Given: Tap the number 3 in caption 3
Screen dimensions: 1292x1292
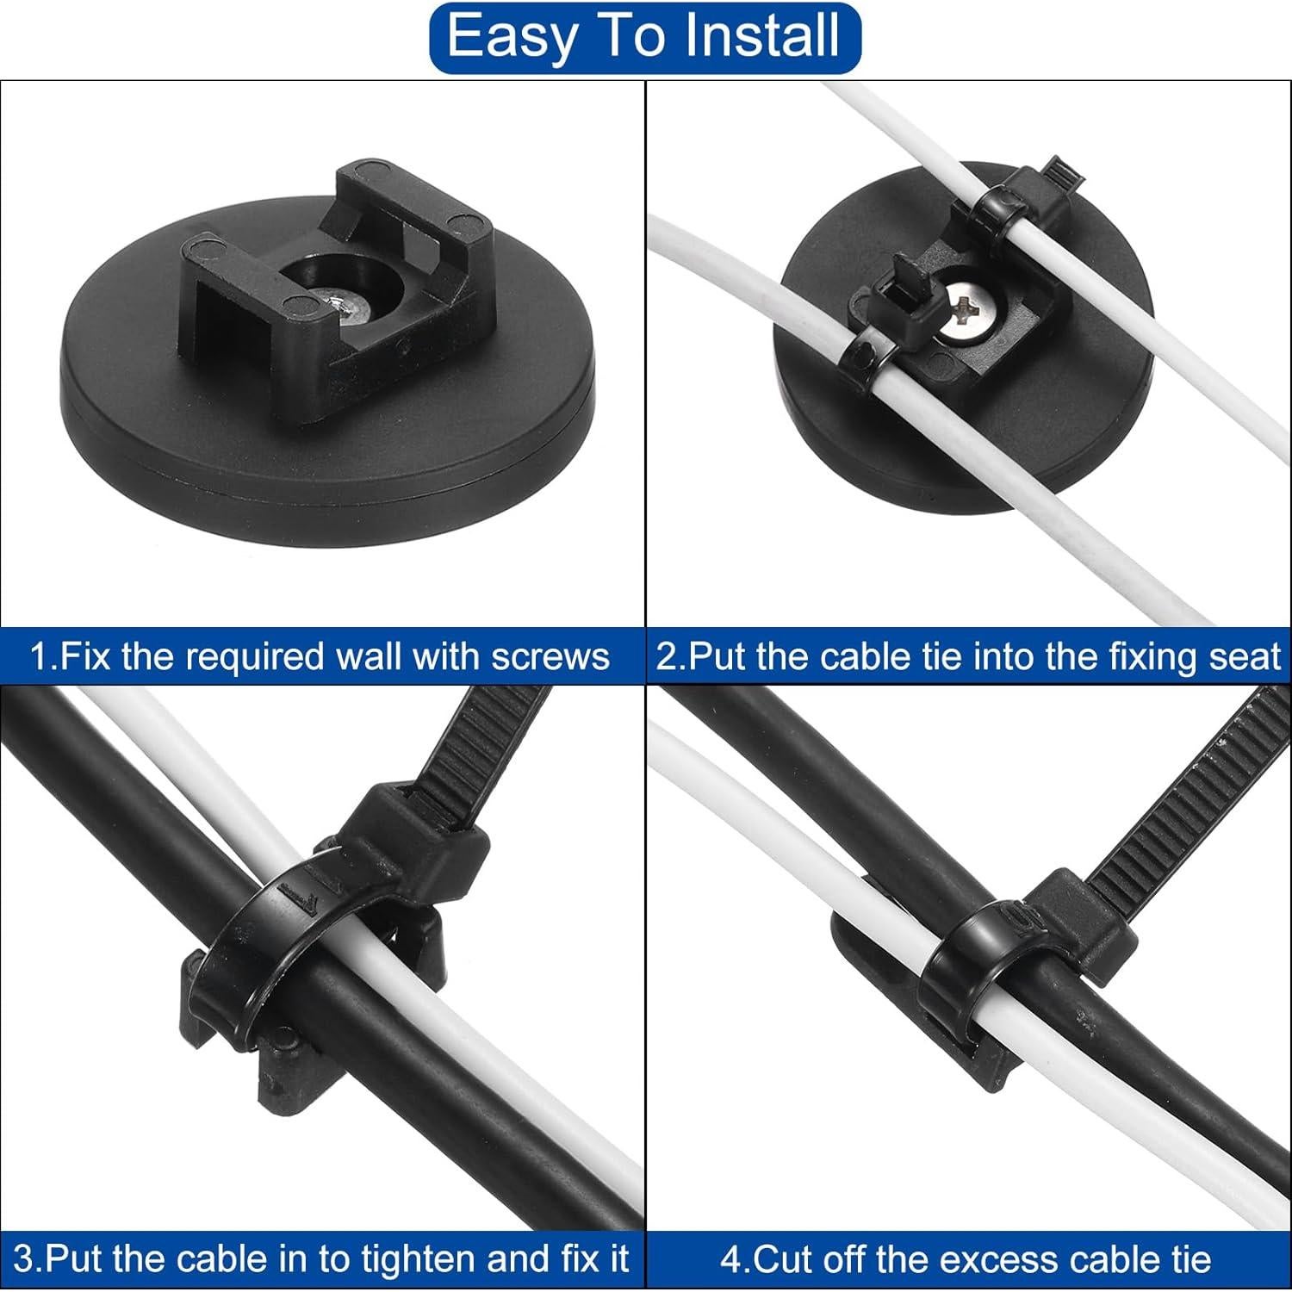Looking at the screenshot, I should (x=24, y=1258).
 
